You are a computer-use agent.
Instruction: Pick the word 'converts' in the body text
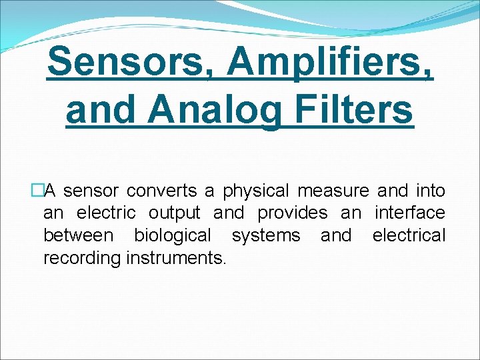[x=162, y=191]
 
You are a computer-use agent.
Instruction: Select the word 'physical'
[x=256, y=191]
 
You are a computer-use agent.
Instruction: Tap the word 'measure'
[x=333, y=191]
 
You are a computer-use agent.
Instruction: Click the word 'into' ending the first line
[x=431, y=191]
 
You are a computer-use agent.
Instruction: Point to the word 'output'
[x=174, y=213]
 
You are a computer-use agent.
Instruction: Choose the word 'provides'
[x=293, y=213]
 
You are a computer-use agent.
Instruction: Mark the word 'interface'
[x=409, y=213]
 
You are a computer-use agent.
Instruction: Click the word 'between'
[x=78, y=235]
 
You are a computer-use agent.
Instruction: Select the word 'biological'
[x=173, y=235]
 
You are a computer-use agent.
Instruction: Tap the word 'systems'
[x=266, y=235]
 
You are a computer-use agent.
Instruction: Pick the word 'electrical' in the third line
[x=409, y=235]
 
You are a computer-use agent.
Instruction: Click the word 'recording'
[x=81, y=257]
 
